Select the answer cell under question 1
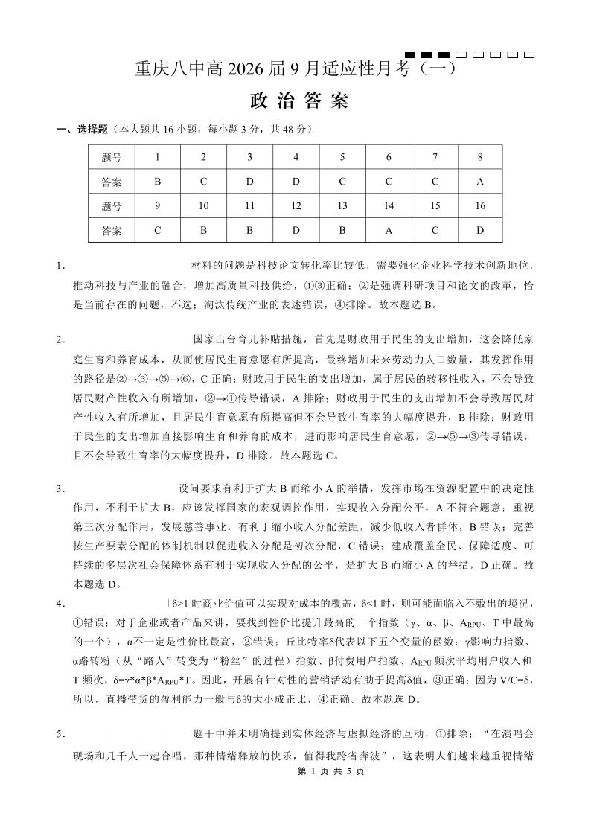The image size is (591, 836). [157, 181]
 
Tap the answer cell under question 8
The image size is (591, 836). [480, 181]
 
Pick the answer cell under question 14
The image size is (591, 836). [389, 230]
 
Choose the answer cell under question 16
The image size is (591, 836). [480, 230]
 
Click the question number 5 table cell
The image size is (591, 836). [342, 157]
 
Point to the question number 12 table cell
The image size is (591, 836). [296, 205]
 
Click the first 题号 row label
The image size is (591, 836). [112, 157]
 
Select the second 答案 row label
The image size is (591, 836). [112, 230]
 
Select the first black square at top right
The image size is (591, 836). [410, 55]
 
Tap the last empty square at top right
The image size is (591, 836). [529, 55]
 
